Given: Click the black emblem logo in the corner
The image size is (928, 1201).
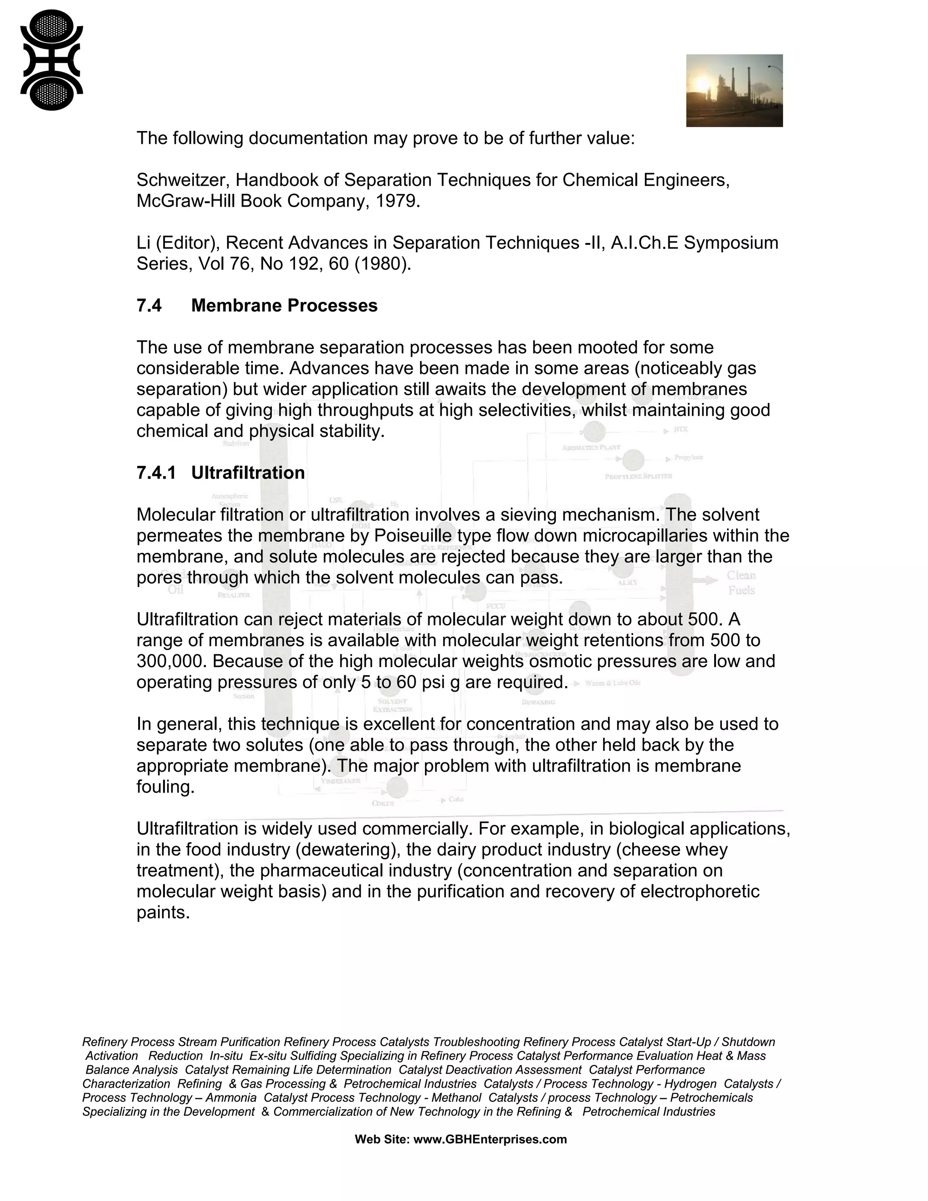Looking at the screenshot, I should tap(51, 60).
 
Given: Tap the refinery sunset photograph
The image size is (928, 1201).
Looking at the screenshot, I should tap(734, 91).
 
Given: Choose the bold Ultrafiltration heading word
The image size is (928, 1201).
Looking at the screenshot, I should tap(248, 472).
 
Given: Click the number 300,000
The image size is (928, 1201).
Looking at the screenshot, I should tap(172, 661).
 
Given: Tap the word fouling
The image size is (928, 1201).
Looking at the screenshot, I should tap(165, 787).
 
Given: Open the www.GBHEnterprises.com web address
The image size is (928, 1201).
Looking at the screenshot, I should tap(490, 1139).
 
